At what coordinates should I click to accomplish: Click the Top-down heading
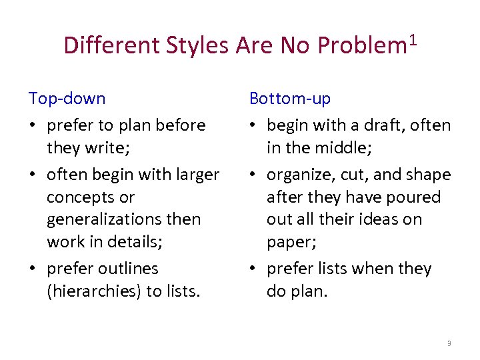[x=67, y=99]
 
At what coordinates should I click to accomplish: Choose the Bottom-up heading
[x=289, y=99]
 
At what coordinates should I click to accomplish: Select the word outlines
[x=125, y=269]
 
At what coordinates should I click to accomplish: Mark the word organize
[x=297, y=175]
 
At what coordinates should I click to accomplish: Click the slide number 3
[x=449, y=343]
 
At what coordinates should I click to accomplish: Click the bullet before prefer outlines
[x=33, y=269]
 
